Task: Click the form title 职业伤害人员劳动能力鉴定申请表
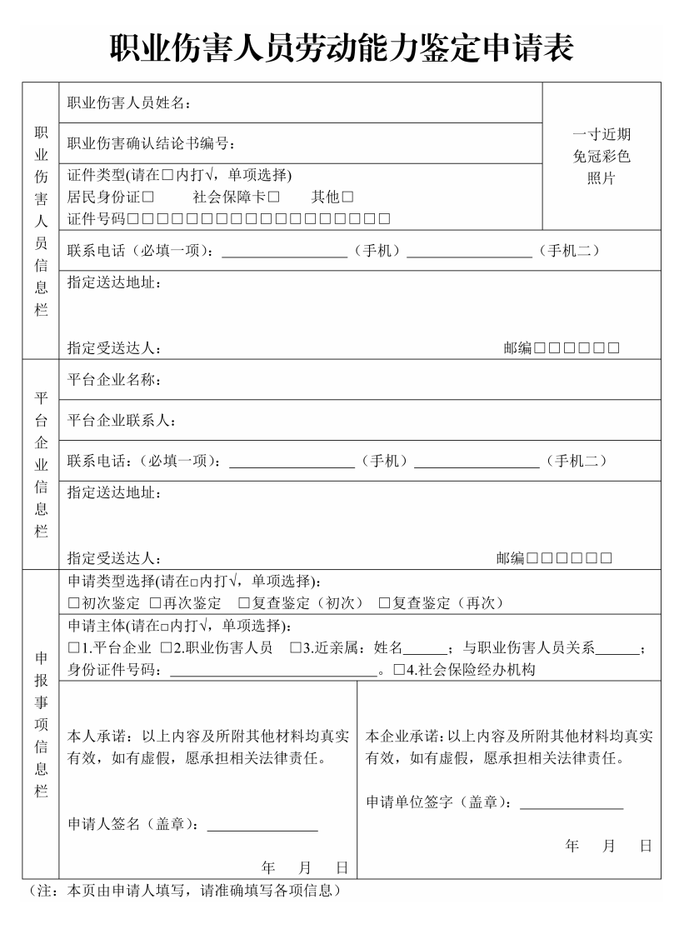point(342,48)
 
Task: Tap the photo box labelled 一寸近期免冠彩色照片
point(601,156)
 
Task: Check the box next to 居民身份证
point(148,197)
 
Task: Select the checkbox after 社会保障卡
point(273,197)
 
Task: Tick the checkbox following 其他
point(347,197)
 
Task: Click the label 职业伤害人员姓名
point(128,103)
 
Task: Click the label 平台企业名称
point(113,381)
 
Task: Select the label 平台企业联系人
point(121,421)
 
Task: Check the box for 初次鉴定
point(73,603)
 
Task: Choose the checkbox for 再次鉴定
point(155,603)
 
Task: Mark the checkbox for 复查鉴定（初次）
point(244,603)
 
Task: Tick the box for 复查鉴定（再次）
point(385,603)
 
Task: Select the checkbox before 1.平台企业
point(73,648)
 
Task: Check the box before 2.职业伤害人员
point(167,648)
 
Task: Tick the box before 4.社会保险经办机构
point(399,670)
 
